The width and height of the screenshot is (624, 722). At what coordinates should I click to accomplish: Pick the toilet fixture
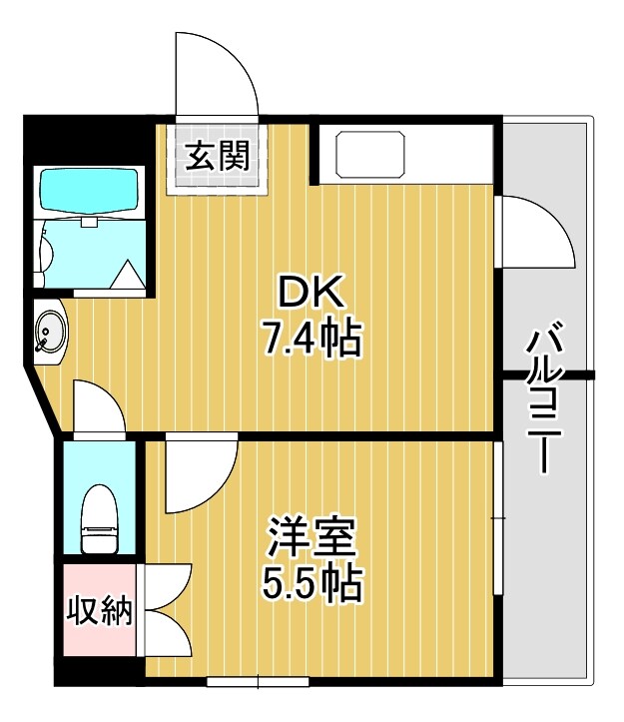[x=100, y=518]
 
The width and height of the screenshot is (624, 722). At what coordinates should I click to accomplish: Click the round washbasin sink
[x=49, y=331]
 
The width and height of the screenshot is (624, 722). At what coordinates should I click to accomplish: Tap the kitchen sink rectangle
[x=370, y=154]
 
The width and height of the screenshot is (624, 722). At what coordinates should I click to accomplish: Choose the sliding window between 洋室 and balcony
[x=497, y=519]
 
